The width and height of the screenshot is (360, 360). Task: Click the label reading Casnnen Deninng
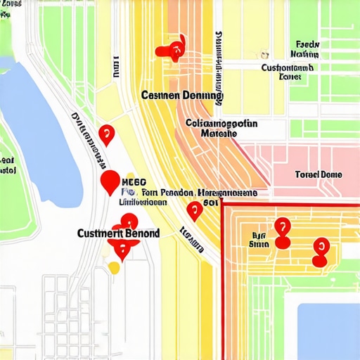coord(181,95)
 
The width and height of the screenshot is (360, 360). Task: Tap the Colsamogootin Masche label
coord(221,127)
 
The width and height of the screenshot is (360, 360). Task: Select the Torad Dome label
coord(318,174)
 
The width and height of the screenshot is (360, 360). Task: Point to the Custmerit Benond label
coord(118,233)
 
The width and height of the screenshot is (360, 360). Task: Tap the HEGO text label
coord(134,181)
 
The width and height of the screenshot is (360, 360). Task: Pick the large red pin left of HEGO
coord(110,182)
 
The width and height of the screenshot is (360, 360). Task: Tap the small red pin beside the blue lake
coord(106,133)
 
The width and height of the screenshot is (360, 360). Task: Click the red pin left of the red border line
coord(194,210)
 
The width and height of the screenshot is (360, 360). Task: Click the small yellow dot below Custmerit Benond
coord(114,267)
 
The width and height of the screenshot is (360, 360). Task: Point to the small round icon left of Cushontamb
coord(264,53)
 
